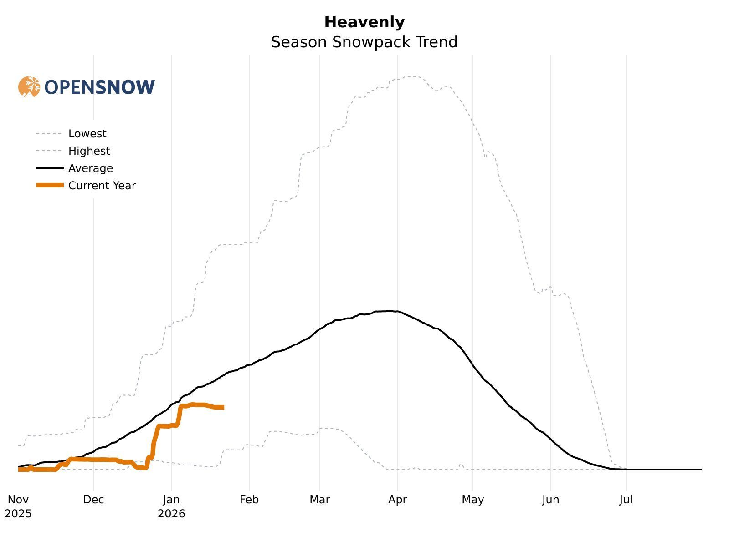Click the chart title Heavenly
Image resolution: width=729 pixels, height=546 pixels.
tap(364, 22)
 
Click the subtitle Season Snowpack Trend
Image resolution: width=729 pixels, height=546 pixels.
tap(364, 42)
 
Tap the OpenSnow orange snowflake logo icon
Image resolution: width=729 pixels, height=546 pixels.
tap(29, 86)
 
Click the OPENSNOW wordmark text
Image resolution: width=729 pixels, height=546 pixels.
tap(100, 87)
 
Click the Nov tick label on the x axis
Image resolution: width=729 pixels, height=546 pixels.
tap(18, 500)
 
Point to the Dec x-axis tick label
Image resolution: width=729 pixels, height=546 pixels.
tap(93, 500)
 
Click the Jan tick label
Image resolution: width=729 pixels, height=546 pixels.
tap(171, 500)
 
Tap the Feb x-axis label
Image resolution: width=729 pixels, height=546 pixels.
tap(249, 500)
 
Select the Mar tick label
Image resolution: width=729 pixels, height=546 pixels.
tap(319, 500)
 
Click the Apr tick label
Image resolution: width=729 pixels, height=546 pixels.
tap(397, 500)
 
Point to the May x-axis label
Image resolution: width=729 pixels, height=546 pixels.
tap(472, 500)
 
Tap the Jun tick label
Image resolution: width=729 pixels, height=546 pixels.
tap(550, 500)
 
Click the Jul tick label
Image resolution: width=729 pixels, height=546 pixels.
tap(626, 500)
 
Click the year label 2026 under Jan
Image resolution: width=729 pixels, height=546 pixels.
tap(171, 514)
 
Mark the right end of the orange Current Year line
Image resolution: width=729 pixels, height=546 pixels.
tap(223, 407)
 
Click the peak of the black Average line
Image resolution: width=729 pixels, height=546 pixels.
tap(390, 311)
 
